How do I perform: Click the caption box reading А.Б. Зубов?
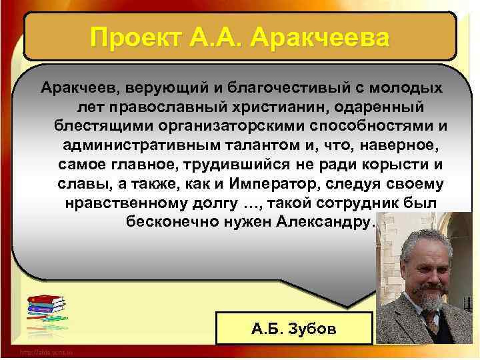point(294,327)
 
